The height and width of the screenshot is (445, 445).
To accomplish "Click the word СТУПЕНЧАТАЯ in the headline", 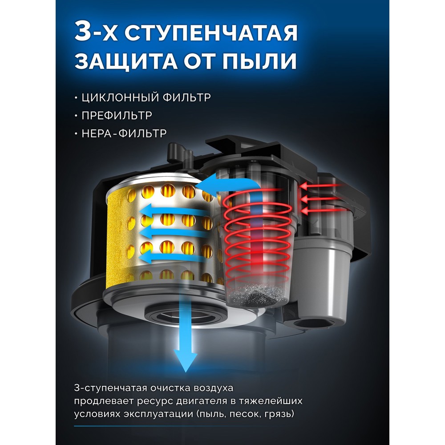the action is pos(211,32).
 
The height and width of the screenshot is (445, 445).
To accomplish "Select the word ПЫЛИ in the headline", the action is pos(259,61).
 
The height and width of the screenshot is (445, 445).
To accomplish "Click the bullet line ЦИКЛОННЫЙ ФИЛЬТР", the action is pos(146,97).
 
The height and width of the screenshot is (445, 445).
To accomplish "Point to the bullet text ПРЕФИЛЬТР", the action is pos(117,116).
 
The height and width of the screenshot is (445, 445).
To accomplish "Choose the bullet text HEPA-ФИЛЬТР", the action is pos(124,133).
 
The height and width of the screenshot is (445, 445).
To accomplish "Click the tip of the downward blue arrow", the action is pos(185,372).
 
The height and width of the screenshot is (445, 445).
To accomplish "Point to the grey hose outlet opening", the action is pos(305,324).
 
